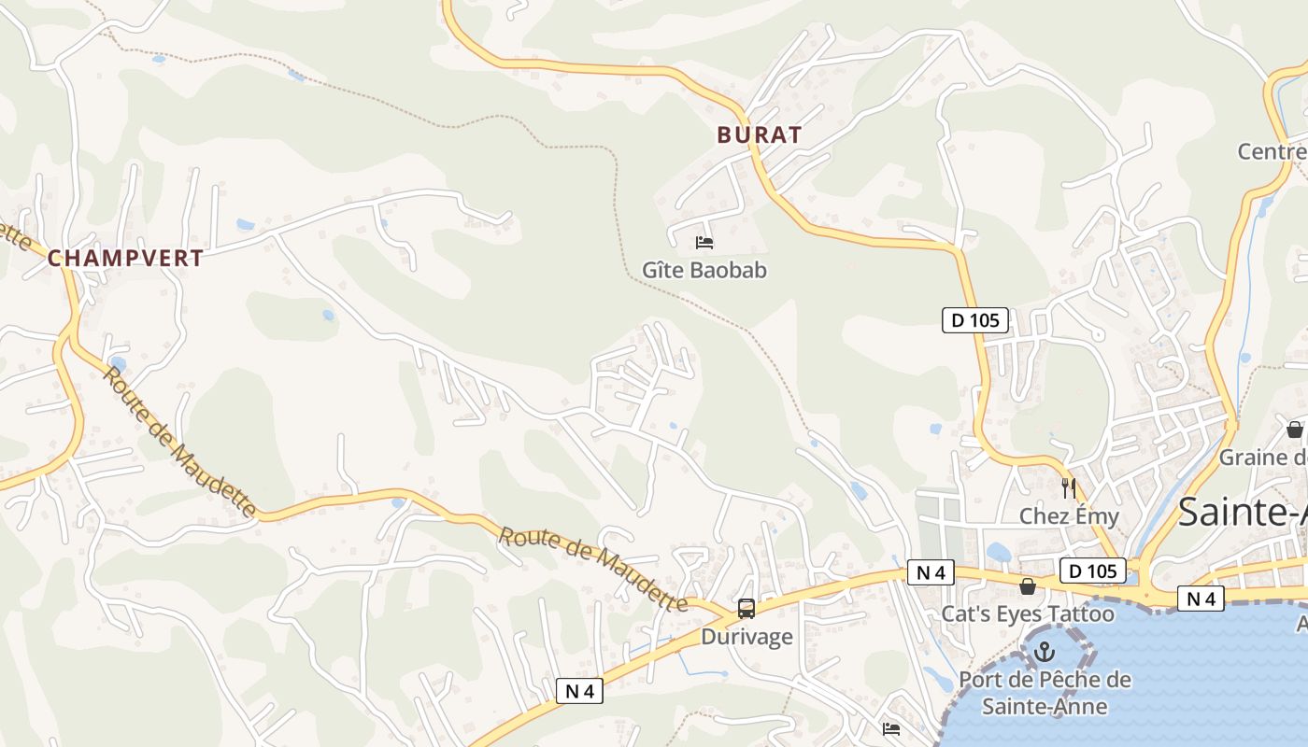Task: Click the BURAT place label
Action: coord(759,134)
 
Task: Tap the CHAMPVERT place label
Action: coord(125,259)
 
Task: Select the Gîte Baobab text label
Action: coord(704,270)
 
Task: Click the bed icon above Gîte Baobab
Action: coord(704,243)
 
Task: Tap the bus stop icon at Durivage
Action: coord(746,609)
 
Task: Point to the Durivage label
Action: coord(746,637)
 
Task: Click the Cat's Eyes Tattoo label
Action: coord(1027,613)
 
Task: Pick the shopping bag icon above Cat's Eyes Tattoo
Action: coord(1027,586)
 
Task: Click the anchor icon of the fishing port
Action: coord(1045,653)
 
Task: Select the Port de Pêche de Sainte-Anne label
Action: coord(1045,693)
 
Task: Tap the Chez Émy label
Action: coord(1068,515)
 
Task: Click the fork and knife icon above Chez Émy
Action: coord(1069,487)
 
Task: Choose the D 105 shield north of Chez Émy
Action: coord(975,320)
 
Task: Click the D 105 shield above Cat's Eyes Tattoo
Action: coord(1092,570)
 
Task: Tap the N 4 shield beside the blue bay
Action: coord(1201,599)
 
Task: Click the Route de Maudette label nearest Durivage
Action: coord(593,569)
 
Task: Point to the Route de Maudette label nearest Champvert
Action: coord(178,443)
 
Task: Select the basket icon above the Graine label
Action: coord(1294,430)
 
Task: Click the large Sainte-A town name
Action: coord(1242,513)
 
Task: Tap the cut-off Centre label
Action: coord(1272,151)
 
